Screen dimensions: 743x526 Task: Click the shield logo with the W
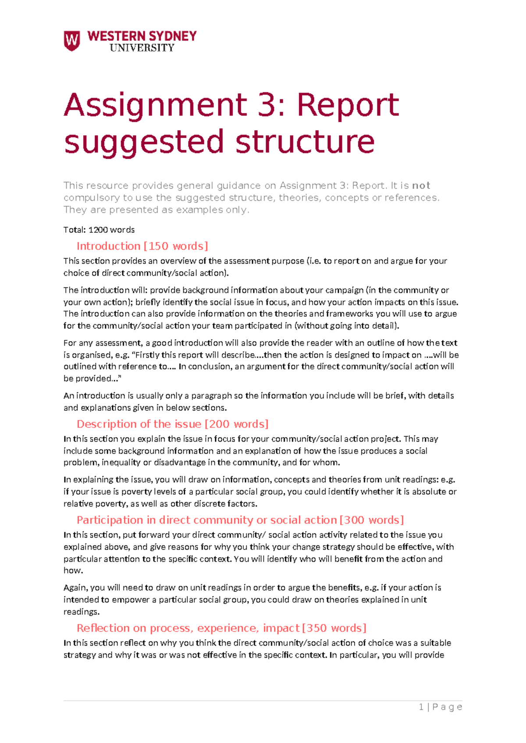click(x=72, y=41)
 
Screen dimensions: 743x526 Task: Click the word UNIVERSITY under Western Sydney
click(x=142, y=48)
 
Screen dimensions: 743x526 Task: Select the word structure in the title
click(x=305, y=142)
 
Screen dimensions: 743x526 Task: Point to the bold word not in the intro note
click(x=421, y=185)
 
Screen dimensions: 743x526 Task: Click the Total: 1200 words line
click(x=99, y=230)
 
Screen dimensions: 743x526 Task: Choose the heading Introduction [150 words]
click(x=142, y=246)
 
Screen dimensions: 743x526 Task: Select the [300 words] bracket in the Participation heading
click(x=372, y=520)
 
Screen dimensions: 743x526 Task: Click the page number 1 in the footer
click(x=421, y=707)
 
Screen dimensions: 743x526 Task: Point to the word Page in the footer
click(x=447, y=707)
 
